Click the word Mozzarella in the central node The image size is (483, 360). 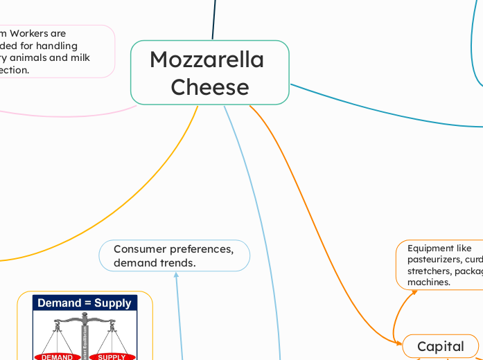(x=207, y=60)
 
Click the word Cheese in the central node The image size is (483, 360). (x=209, y=87)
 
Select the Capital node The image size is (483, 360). (x=440, y=346)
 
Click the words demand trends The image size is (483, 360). (x=155, y=263)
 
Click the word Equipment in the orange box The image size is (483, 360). (x=430, y=249)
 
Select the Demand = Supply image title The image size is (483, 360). (x=85, y=303)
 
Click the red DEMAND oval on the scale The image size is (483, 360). (x=56, y=357)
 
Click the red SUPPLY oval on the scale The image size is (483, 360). (x=112, y=357)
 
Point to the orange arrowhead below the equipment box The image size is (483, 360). (x=414, y=291)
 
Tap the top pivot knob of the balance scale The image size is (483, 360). (x=85, y=316)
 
